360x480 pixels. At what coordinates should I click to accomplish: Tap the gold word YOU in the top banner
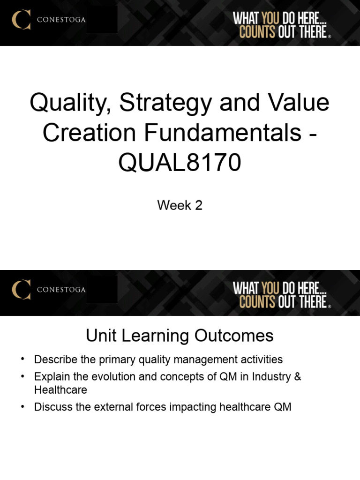[x=270, y=19]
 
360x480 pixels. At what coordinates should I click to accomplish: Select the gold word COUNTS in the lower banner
[x=257, y=302]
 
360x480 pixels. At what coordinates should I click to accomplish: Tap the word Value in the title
[x=300, y=103]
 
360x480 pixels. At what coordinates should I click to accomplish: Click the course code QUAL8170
[x=180, y=162]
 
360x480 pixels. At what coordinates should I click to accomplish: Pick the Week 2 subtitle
[x=180, y=205]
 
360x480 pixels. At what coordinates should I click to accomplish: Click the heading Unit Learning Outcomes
[x=180, y=336]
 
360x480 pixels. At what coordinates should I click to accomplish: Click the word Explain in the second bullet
[x=51, y=377]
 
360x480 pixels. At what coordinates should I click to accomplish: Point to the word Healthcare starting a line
[x=61, y=390]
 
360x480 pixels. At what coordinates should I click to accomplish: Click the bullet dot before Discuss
[x=22, y=406]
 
